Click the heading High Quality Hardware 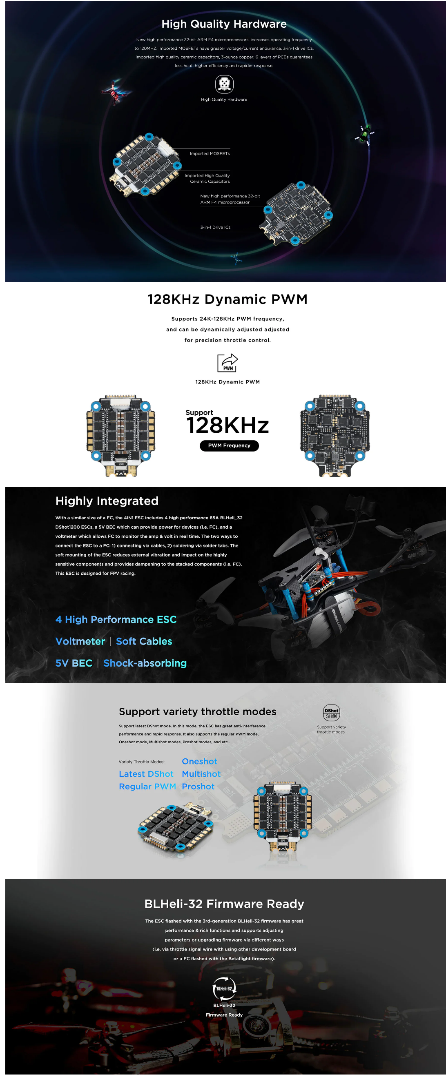(x=224, y=24)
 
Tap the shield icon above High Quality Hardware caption (x=224, y=84)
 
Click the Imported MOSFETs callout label (x=210, y=154)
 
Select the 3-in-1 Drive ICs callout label (x=215, y=228)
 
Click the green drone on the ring (x=364, y=135)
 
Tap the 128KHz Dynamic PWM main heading (x=227, y=299)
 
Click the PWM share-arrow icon (x=227, y=363)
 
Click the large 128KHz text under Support (x=227, y=426)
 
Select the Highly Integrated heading (x=107, y=501)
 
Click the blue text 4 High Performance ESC (x=116, y=620)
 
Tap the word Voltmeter (x=80, y=641)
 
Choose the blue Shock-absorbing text (x=145, y=663)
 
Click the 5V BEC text (x=74, y=663)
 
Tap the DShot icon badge (x=331, y=713)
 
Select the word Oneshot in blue (x=200, y=761)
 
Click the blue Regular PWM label (x=147, y=786)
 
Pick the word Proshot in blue (x=198, y=786)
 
